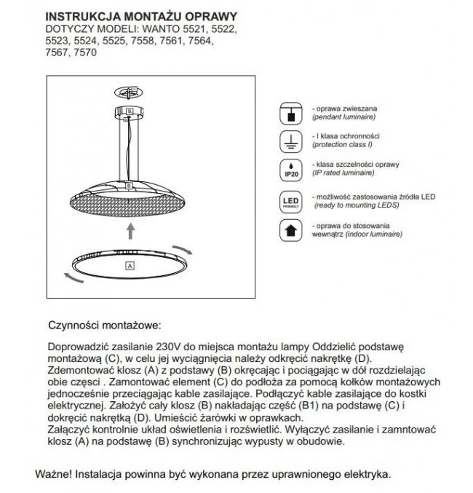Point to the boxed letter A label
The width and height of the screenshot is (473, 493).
130,265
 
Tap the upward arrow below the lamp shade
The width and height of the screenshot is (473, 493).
130,232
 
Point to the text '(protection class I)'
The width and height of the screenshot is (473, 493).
338,145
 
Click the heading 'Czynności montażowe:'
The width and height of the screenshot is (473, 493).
105,326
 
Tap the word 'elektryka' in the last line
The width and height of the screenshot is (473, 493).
367,473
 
